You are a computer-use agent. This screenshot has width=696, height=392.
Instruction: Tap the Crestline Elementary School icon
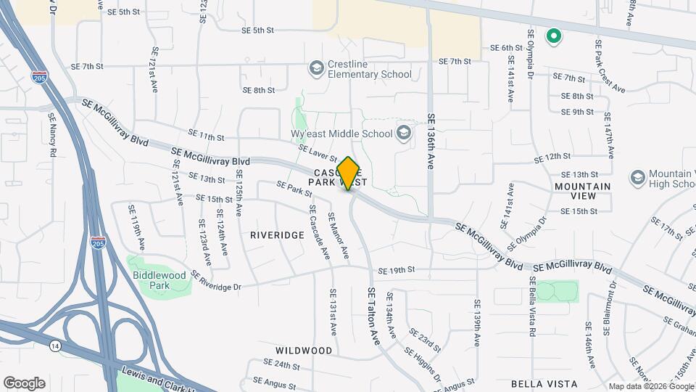[x=315, y=68]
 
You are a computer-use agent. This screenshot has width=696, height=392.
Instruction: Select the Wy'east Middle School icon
[x=404, y=133]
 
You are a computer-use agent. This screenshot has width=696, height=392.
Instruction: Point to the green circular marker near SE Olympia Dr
[x=554, y=35]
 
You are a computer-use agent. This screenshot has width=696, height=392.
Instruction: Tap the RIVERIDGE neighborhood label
[x=277, y=235]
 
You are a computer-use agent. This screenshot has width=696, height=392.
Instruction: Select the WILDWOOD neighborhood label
[x=304, y=350]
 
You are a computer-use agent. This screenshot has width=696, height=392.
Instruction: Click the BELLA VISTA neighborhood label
[x=544, y=383]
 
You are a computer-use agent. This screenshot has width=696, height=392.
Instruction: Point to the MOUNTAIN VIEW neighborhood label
[x=582, y=187]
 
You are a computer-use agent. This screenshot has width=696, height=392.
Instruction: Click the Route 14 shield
[x=55, y=346]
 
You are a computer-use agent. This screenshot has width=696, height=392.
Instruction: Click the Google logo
[x=24, y=383]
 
